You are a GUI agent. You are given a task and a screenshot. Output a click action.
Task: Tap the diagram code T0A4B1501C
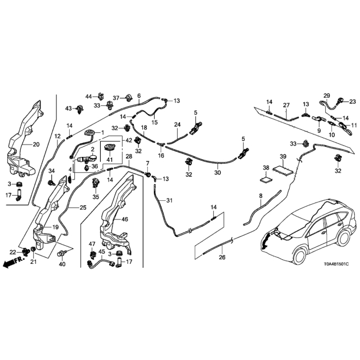[x=336, y=264]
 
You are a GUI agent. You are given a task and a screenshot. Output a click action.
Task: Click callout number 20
[x=36, y=145]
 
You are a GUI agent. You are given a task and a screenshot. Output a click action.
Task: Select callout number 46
[x=124, y=219]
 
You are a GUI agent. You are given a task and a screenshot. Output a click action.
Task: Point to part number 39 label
[x=283, y=156]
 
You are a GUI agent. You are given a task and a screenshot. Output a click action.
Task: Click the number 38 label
[x=266, y=168]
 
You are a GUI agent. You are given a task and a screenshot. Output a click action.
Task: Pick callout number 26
[x=222, y=257]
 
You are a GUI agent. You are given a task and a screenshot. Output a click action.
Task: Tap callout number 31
[x=169, y=200]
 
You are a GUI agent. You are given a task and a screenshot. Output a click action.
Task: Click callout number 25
[x=83, y=208]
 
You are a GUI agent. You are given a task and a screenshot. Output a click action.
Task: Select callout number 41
[x=110, y=159]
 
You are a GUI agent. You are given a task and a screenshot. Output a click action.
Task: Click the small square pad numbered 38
[x=266, y=179]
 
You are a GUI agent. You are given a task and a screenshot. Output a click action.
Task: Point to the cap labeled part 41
[x=110, y=147]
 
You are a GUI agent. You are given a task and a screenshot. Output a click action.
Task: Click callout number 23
[x=353, y=101]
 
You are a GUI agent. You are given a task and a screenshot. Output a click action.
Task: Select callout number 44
[x=89, y=97]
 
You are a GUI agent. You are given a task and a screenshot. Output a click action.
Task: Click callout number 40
[x=62, y=264]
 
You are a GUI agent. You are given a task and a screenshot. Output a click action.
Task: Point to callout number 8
[x=260, y=196]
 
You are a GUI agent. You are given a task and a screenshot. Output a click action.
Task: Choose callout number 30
[x=218, y=172]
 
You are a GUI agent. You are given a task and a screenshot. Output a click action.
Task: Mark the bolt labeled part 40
[x=61, y=254]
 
